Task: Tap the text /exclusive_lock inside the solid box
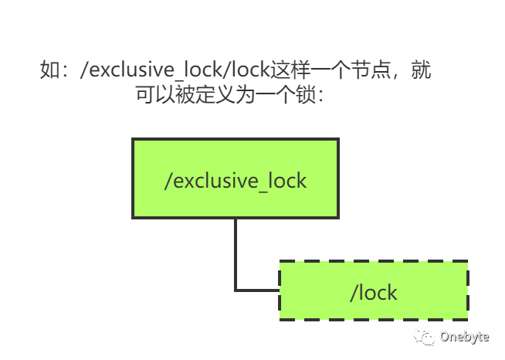click(x=236, y=181)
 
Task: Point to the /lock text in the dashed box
click(x=374, y=293)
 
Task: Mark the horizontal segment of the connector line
click(x=257, y=290)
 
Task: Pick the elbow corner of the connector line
click(x=236, y=290)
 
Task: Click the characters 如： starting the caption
click(x=56, y=71)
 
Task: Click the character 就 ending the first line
click(x=421, y=71)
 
